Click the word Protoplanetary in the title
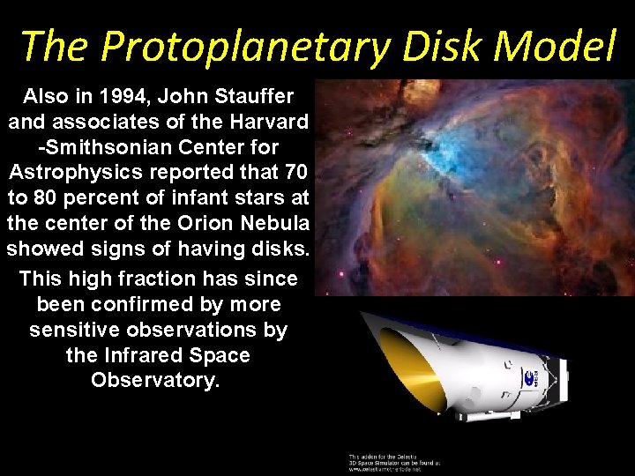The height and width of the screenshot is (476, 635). [x=249, y=46]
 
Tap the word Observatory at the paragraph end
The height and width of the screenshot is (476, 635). [x=154, y=382]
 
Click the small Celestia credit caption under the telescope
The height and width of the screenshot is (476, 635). [x=393, y=460]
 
